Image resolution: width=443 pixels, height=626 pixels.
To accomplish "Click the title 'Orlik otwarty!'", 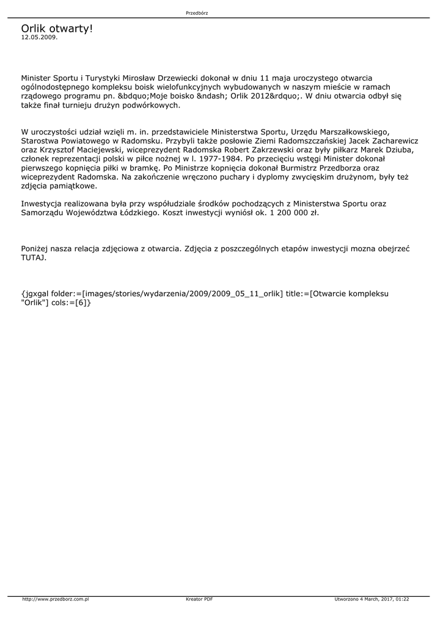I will click(57, 29).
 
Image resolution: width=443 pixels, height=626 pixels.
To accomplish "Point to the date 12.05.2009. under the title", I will click(39, 37).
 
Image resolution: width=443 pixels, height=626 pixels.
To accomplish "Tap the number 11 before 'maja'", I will click(265, 78).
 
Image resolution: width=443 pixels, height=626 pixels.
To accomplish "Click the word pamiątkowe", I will click(71, 186).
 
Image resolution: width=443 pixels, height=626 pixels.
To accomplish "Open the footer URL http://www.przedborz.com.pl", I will click(56, 599).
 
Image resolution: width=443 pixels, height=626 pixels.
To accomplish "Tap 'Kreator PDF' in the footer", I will click(199, 599).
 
